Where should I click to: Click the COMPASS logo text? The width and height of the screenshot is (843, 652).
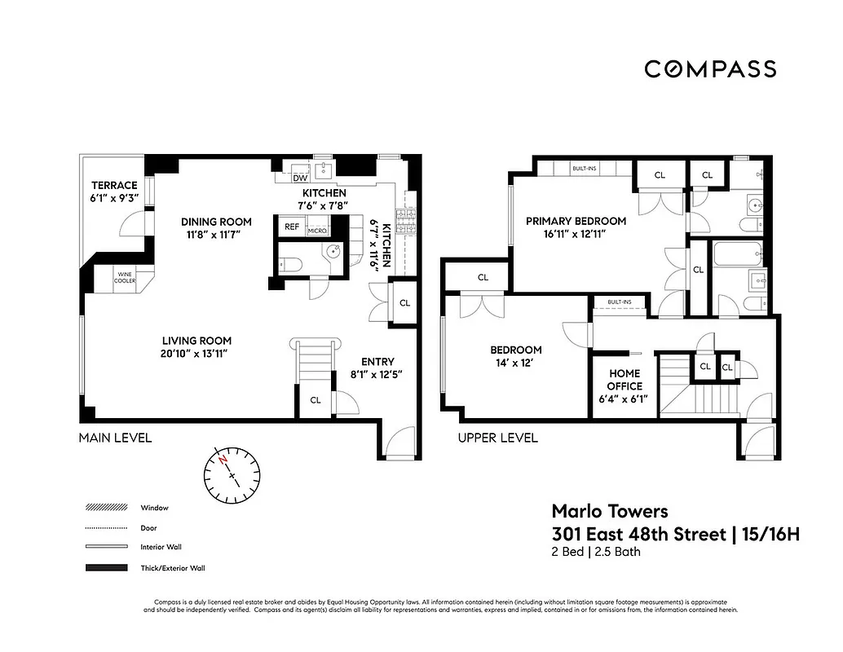(709, 69)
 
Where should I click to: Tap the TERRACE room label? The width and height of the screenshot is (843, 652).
(114, 185)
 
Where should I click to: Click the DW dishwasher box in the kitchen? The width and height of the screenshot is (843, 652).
(299, 177)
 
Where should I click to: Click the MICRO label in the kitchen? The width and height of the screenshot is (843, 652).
(316, 231)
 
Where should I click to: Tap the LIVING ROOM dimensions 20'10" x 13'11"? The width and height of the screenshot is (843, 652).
(196, 354)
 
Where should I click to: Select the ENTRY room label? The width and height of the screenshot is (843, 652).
(377, 362)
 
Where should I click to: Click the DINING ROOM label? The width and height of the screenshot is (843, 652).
(216, 222)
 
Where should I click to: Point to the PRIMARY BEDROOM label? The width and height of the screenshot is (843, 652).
(576, 221)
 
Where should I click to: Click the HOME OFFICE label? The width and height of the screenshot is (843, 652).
(625, 380)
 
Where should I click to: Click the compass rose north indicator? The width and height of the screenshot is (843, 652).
(223, 460)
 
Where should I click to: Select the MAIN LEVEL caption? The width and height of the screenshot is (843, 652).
(115, 438)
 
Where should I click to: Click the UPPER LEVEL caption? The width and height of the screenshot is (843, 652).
(497, 438)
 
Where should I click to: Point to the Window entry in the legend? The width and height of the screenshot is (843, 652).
(154, 508)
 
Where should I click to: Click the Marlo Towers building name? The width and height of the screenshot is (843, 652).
(610, 511)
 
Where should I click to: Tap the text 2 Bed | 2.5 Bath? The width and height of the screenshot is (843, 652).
(596, 552)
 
